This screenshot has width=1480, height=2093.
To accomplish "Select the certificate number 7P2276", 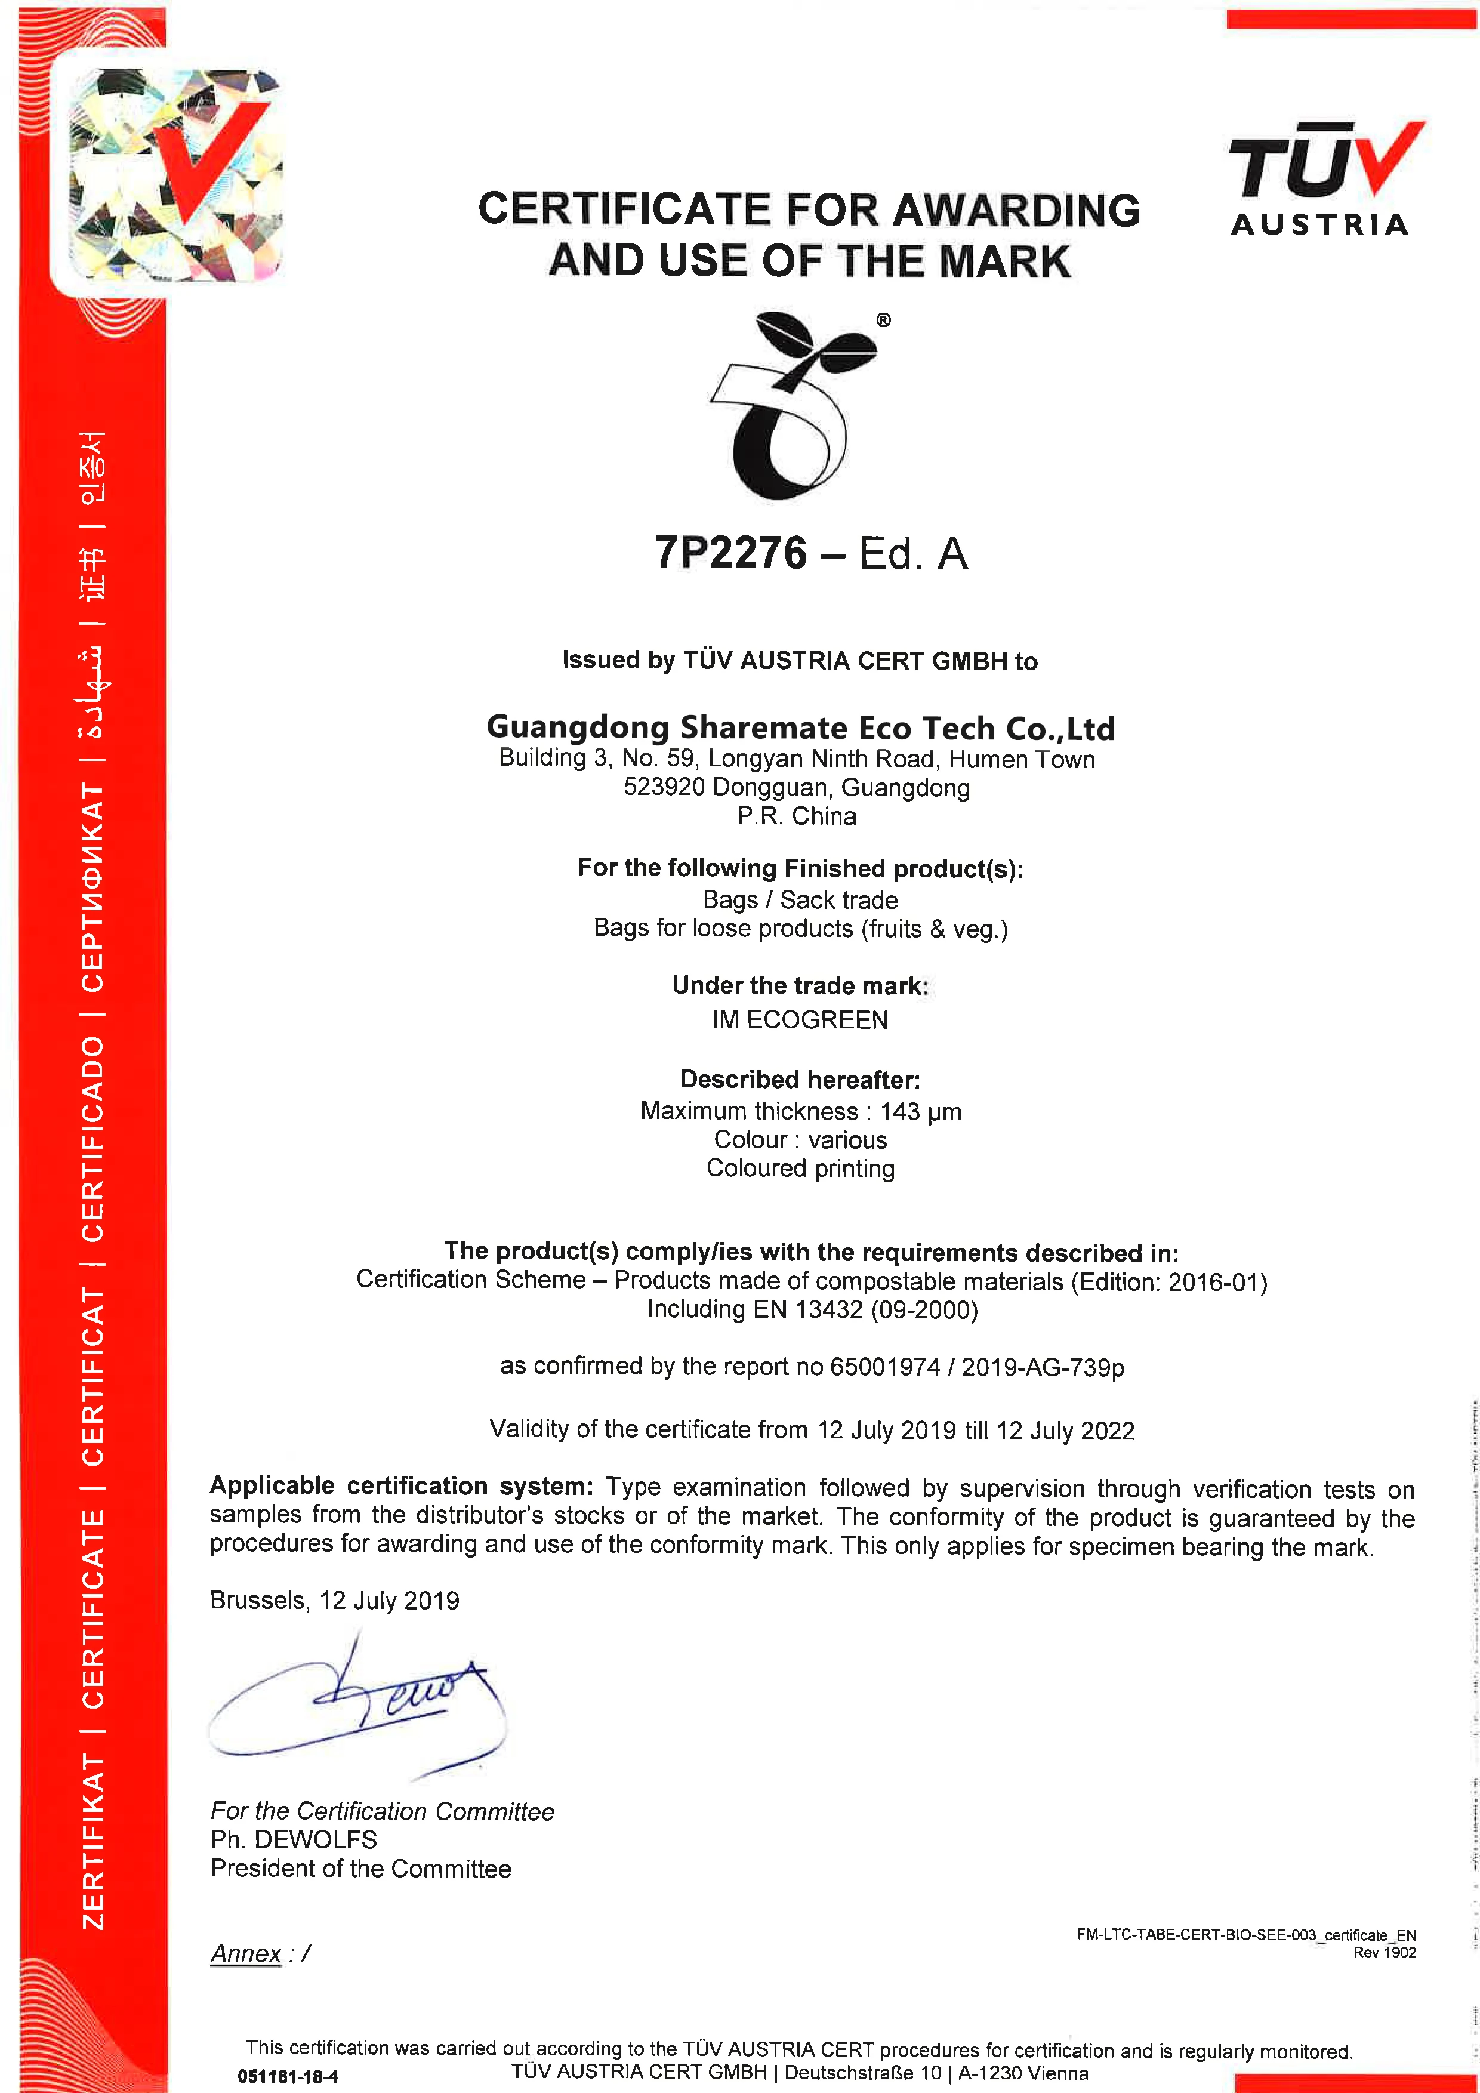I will pyautogui.click(x=731, y=553).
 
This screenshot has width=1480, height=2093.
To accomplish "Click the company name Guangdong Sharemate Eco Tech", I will pyautogui.click(x=800, y=728).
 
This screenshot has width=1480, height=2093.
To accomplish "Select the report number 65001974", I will pyautogui.click(x=884, y=1367).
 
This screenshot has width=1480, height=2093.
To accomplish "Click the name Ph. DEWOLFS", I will pyautogui.click(x=294, y=1839).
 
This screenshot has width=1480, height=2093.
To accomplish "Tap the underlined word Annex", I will pyautogui.click(x=245, y=1953).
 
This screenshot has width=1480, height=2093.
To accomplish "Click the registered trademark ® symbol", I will pyautogui.click(x=883, y=320).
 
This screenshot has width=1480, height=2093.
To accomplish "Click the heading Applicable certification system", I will pyautogui.click(x=401, y=1486).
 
